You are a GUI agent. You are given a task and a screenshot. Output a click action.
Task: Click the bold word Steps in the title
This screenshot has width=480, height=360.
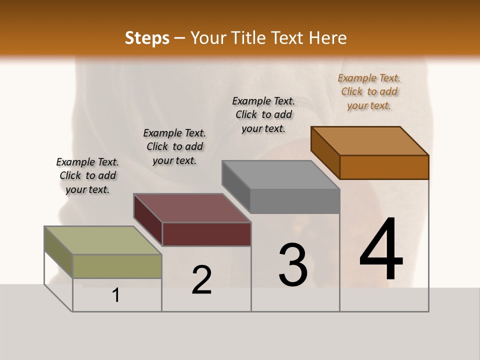click(147, 38)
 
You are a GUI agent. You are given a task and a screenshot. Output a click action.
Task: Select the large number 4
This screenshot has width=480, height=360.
click(381, 250)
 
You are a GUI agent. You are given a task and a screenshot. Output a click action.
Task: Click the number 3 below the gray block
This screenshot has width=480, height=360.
click(292, 265)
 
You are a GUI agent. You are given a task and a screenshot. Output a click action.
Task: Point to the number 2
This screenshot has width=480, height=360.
click(201, 280)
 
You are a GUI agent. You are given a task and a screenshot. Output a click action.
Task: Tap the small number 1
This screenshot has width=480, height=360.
click(116, 295)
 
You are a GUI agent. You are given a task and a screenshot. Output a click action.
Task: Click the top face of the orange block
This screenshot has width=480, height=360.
click(369, 140)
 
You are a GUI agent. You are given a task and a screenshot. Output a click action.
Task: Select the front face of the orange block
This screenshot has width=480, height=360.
click(384, 167)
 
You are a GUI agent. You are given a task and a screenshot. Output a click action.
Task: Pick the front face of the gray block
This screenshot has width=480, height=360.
click(295, 201)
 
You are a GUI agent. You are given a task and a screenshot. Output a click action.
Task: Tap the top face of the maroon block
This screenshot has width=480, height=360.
click(192, 207)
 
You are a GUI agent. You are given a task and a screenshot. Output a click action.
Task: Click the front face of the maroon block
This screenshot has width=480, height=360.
click(206, 234)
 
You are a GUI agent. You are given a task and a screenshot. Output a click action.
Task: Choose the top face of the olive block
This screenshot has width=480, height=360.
click(103, 240)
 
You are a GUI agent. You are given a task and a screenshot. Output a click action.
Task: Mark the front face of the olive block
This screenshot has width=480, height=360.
click(117, 266)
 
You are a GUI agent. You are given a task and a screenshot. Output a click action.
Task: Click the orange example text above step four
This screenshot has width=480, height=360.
click(369, 91)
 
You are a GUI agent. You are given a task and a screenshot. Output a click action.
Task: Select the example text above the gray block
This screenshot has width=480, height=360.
click(263, 114)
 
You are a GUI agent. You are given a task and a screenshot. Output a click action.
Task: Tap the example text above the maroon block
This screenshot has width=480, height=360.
click(174, 146)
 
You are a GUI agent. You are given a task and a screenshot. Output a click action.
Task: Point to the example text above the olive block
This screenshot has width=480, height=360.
click(87, 175)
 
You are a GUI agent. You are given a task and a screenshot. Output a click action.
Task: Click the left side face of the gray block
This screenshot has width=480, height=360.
click(236, 186)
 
